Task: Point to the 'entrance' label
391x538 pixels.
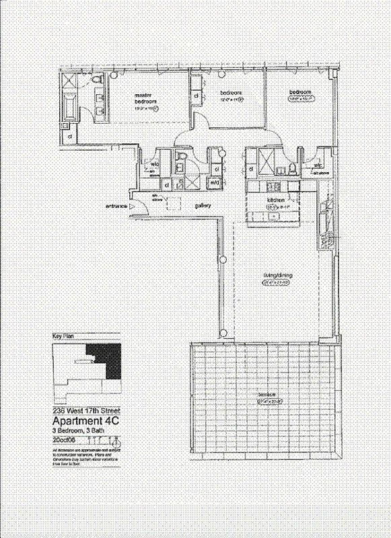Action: (116, 206)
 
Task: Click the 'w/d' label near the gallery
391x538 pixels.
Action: (215, 182)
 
